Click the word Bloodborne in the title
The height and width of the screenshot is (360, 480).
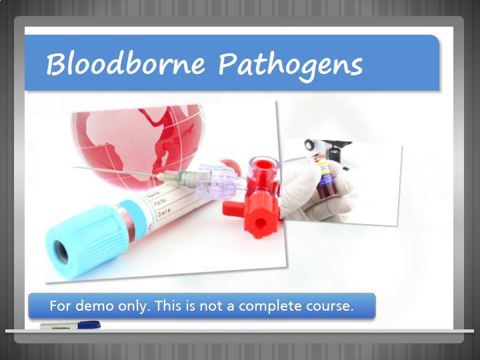125,64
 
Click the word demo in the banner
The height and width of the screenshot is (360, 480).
95,306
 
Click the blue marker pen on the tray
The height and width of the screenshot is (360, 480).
71,325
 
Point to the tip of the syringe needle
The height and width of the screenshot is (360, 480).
73,167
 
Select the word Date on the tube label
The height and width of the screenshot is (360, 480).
164,212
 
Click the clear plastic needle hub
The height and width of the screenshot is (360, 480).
214,181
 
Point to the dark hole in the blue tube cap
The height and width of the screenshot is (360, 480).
61,252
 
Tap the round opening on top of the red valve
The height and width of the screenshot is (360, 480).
263,165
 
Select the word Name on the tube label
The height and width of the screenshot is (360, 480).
153,195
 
